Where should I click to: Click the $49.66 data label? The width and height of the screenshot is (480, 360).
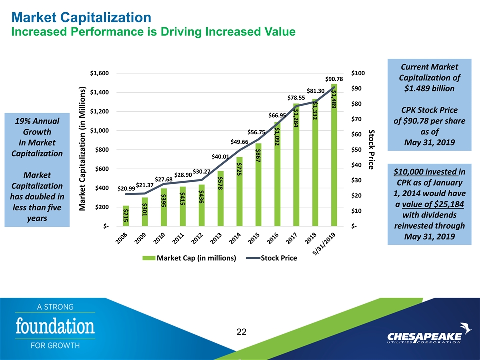pyautogui.click(x=239, y=142)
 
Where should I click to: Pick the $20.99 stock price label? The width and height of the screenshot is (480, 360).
pyautogui.click(x=126, y=188)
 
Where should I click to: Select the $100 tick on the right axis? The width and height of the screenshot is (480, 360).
pyautogui.click(x=358, y=73)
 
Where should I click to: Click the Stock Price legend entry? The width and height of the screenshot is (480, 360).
pyautogui.click(x=276, y=258)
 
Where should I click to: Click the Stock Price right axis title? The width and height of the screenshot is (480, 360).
pyautogui.click(x=372, y=149)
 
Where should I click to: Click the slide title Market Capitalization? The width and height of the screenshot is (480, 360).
pyautogui.click(x=81, y=18)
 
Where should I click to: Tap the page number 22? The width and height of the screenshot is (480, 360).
pyautogui.click(x=242, y=332)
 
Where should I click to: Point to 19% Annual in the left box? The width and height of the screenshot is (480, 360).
pyautogui.click(x=37, y=121)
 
